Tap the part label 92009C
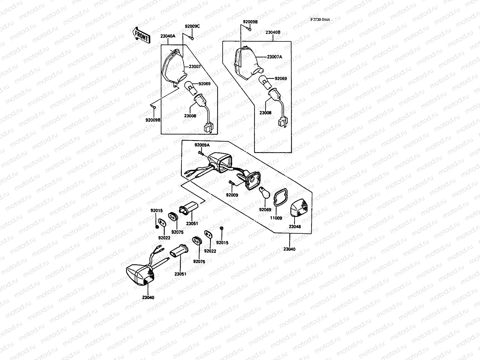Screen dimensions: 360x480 [192, 26]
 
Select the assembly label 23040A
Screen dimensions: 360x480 [168, 36]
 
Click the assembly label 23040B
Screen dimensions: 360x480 [273, 32]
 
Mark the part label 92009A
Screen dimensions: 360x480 [202, 145]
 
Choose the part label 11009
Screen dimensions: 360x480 [276, 218]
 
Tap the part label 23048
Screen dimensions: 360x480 [295, 227]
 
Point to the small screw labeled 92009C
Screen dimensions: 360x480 [192, 38]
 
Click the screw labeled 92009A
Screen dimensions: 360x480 [200, 153]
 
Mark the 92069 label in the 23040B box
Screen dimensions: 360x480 [280, 79]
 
